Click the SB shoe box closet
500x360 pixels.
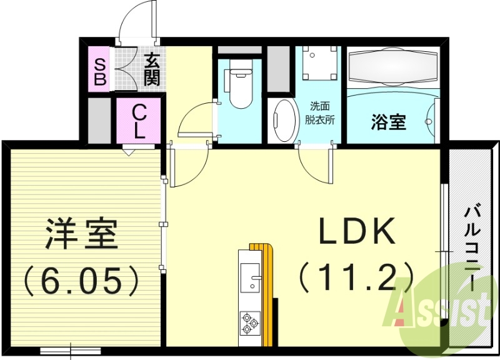coord(99,69)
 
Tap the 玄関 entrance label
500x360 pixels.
coord(151,69)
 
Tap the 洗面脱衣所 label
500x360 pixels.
coord(321,112)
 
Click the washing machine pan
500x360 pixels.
coord(318,63)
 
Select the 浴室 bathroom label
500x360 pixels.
coord(388,122)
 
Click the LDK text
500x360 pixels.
coord(357,232)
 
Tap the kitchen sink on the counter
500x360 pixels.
coord(251,276)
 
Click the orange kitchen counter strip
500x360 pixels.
coord(269,294)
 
